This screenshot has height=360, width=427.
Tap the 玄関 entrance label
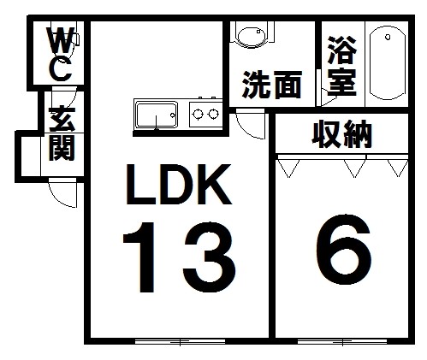(62, 133)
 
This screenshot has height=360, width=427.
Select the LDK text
(178, 185)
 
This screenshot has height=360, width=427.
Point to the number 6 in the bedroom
(344, 250)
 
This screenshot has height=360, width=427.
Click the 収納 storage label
(342, 134)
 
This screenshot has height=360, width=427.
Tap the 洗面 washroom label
(272, 85)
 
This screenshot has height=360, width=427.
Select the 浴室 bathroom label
(342, 66)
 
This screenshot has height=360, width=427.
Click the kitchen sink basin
(156, 115)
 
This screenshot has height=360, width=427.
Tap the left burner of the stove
(198, 114)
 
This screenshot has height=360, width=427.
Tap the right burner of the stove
(213, 114)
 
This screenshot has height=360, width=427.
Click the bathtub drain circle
(388, 37)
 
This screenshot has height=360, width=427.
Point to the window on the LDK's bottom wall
(180, 341)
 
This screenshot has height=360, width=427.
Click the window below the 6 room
(342, 341)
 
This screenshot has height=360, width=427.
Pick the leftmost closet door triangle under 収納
(288, 168)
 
